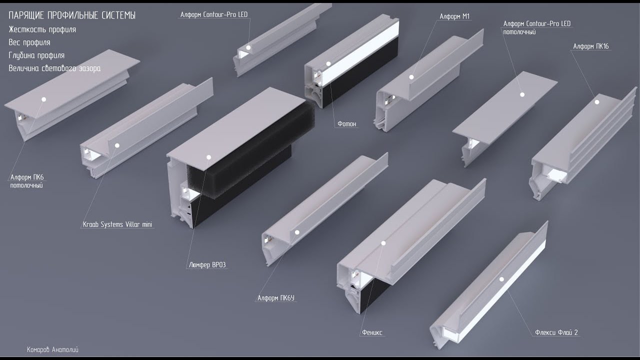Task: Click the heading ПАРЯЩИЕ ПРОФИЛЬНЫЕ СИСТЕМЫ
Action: [x=72, y=15]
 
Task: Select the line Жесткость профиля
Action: [x=42, y=29]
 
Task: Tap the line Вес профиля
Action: [x=29, y=42]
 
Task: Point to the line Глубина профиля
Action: [x=36, y=55]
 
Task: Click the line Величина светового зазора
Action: [x=54, y=68]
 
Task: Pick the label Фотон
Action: [x=347, y=123]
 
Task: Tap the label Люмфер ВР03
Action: [x=207, y=265]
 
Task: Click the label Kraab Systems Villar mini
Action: [x=117, y=224]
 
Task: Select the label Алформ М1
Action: [x=454, y=16]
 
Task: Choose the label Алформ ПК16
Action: [x=591, y=46]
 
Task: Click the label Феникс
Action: [x=372, y=332]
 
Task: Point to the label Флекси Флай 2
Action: [x=556, y=332]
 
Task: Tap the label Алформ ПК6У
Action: [x=275, y=298]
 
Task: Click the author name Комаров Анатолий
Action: [x=52, y=349]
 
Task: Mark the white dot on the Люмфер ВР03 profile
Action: [x=209, y=157]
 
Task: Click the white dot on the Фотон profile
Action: [x=328, y=64]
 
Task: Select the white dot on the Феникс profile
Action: [x=383, y=243]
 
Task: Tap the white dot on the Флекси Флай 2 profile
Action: [x=501, y=279]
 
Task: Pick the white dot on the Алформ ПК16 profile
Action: [x=597, y=102]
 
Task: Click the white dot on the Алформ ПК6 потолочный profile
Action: [x=44, y=99]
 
